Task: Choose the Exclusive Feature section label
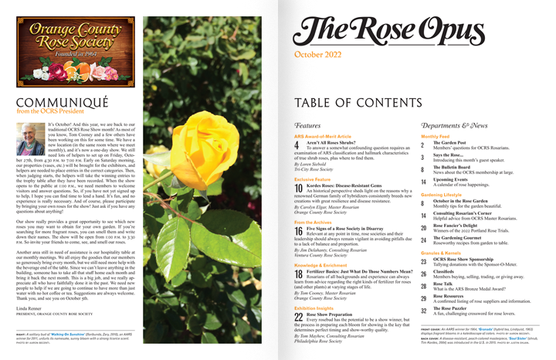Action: [x=313, y=178]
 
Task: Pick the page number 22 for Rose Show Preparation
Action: [x=299, y=317]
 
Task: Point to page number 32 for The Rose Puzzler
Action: [x=423, y=311]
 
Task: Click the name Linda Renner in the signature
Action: [x=31, y=309]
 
